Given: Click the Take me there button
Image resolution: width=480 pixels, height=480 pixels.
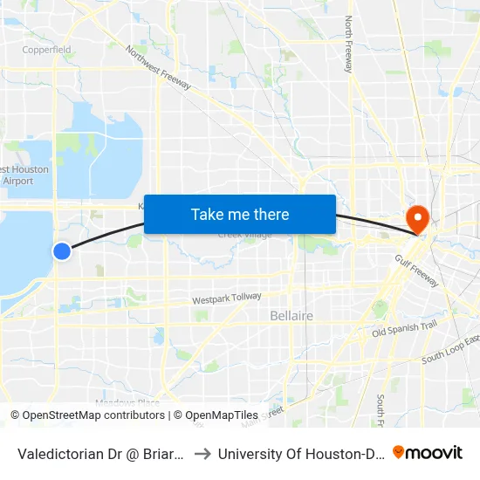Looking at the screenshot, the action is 240,214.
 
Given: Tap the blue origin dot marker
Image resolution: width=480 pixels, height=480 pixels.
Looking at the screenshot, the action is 62,251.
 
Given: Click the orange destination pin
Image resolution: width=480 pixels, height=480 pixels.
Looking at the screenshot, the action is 418,218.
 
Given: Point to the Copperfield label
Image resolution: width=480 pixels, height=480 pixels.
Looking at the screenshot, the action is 47,50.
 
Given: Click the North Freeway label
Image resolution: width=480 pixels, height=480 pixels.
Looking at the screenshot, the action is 348,44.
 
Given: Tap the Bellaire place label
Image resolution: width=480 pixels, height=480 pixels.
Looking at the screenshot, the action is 291,315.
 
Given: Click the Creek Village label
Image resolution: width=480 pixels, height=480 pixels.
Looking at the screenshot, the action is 244,235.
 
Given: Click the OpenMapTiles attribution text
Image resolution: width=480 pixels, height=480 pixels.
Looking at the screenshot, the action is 218,415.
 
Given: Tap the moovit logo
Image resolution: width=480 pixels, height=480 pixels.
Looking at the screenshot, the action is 427,452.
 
